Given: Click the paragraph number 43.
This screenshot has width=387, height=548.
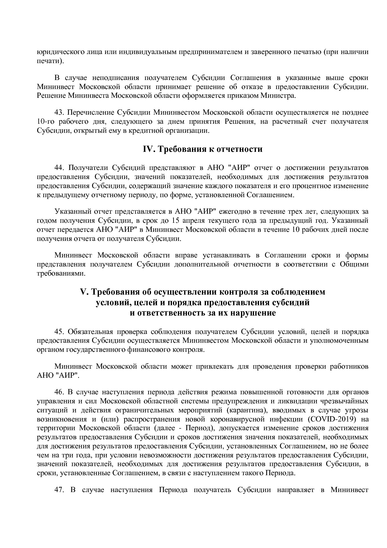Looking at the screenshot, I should coord(59,112).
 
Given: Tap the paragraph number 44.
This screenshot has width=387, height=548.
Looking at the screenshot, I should coord(59,168).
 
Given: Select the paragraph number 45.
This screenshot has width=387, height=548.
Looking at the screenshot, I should coord(59,332).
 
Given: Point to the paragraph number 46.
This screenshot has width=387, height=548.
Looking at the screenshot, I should coord(59,392).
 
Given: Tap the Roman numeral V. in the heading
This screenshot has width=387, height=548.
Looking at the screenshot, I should coord(85,292).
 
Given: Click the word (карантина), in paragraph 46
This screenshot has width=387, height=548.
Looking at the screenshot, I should coord(247,410).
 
